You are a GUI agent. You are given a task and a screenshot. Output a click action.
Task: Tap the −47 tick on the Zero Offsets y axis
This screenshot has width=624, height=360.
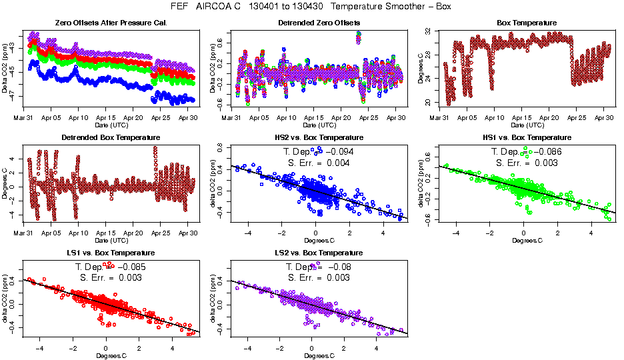click(15, 96)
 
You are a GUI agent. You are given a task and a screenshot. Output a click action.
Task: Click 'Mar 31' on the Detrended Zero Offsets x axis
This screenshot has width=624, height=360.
click(231, 117)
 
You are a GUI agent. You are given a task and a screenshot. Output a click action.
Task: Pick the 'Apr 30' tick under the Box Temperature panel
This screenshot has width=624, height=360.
click(604, 117)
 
